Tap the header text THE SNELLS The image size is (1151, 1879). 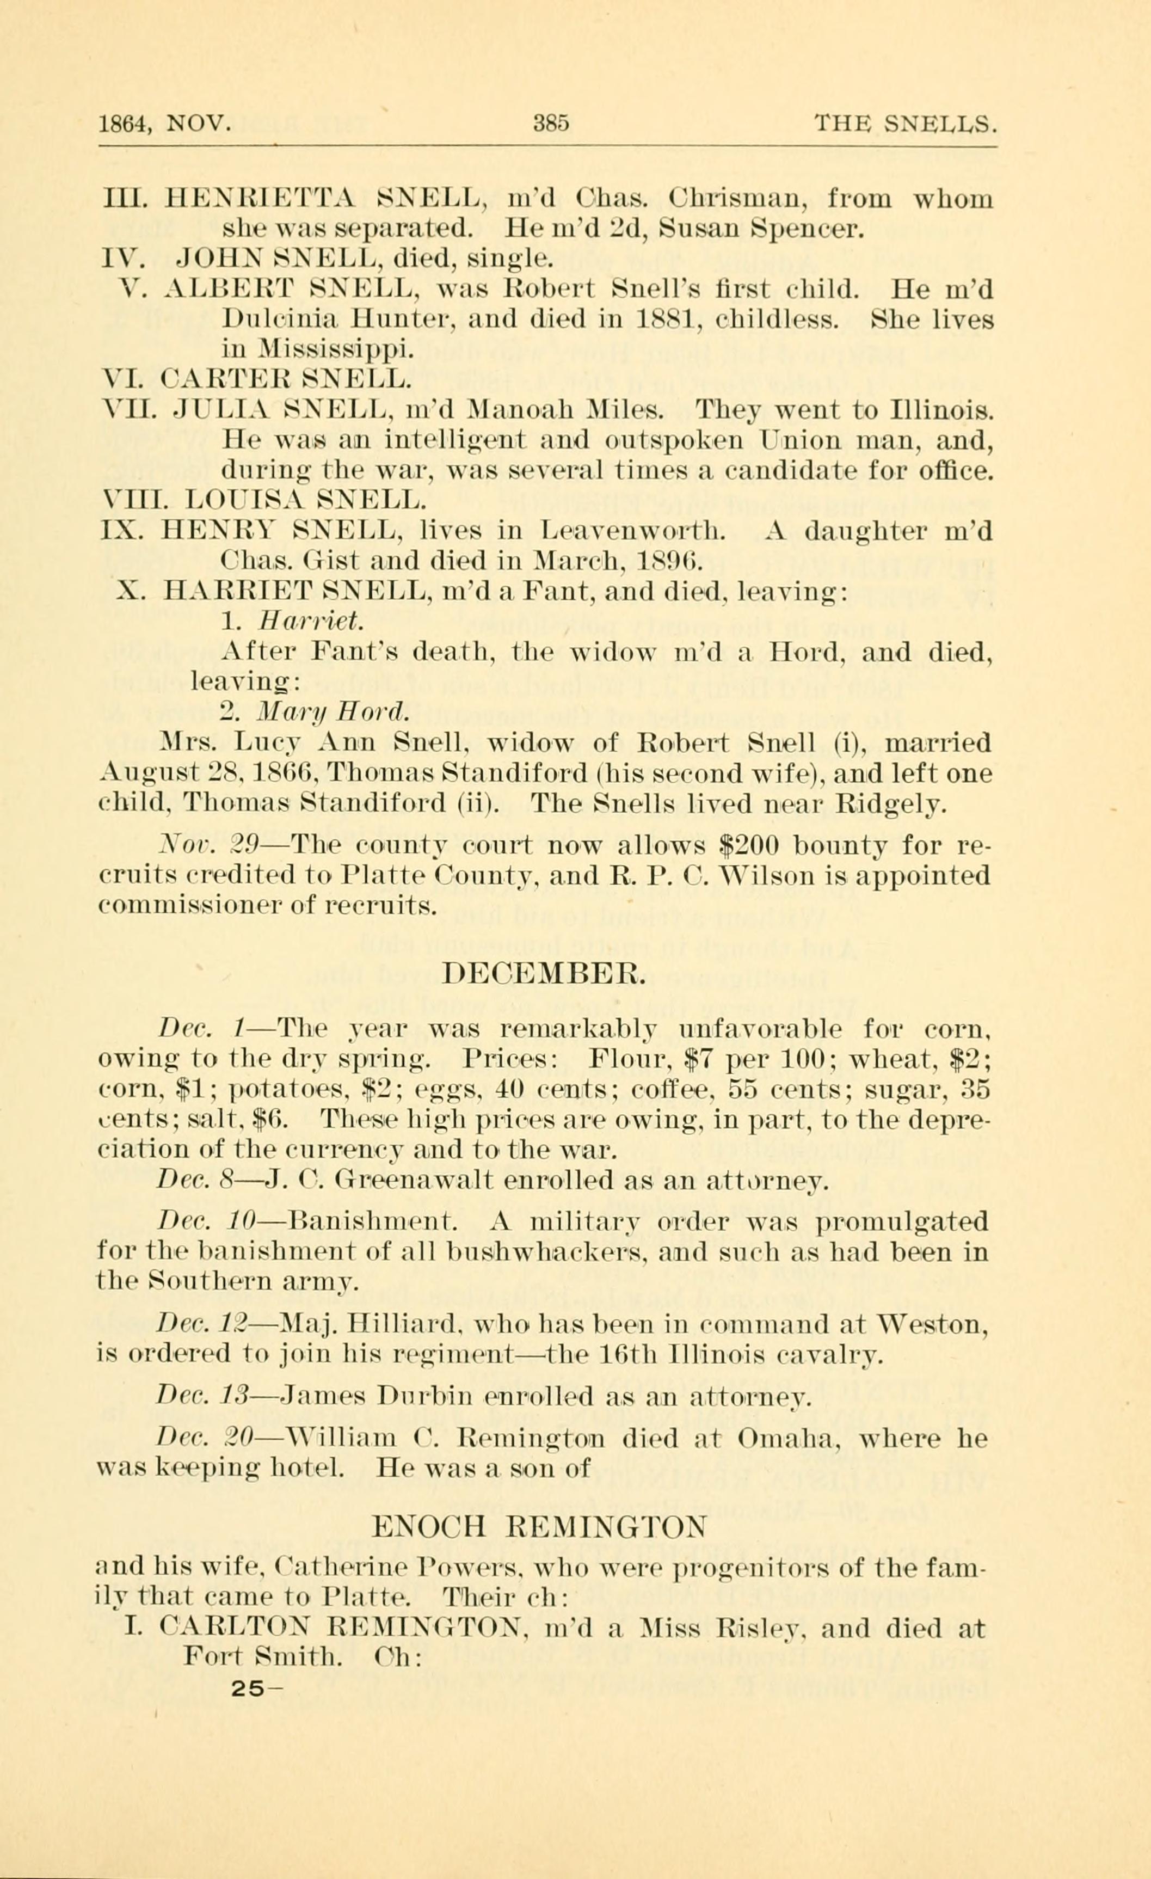tap(905, 123)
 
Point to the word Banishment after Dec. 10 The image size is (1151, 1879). tap(373, 1223)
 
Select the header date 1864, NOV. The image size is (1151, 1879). tap(165, 123)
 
